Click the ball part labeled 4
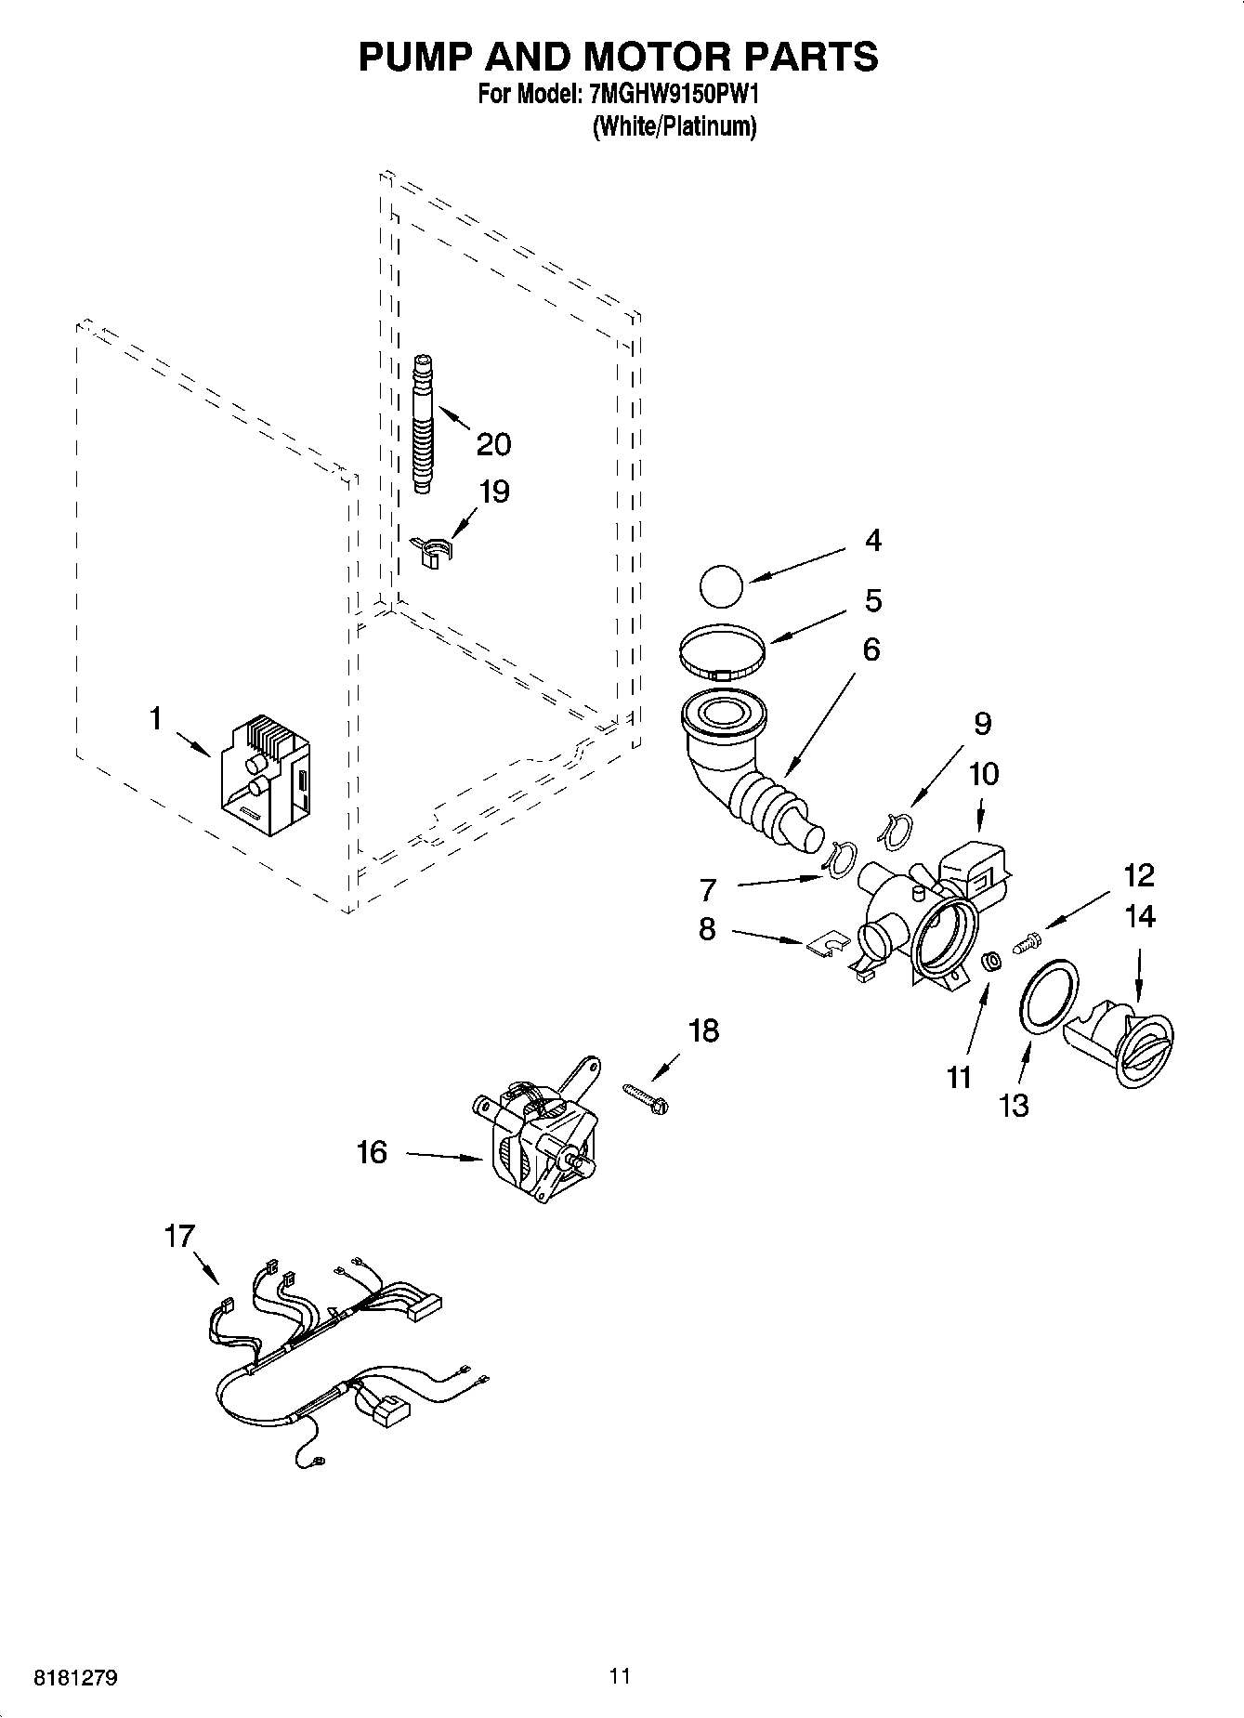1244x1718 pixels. click(721, 587)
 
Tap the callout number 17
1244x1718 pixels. click(180, 1237)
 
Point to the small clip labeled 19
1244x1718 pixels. click(431, 550)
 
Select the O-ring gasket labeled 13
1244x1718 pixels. click(1050, 994)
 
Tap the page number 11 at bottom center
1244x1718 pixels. click(620, 1676)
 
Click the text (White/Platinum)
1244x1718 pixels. click(674, 126)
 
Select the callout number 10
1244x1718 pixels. click(984, 773)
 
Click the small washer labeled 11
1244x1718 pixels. click(991, 962)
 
